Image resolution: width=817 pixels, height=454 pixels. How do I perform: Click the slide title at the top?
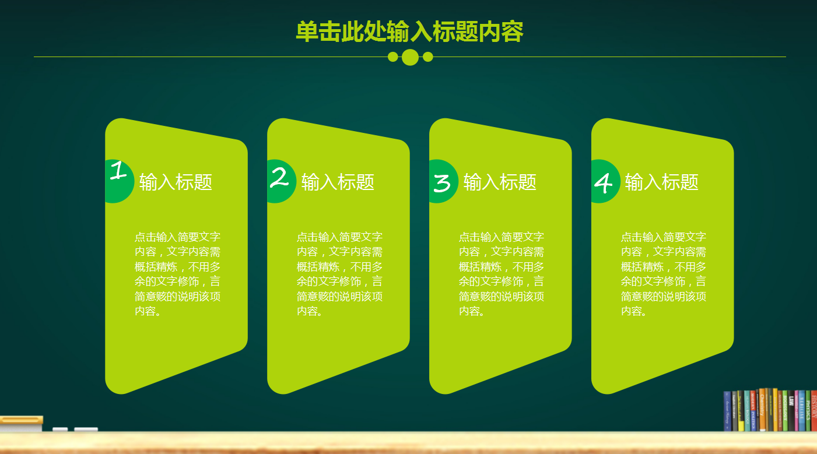(409, 31)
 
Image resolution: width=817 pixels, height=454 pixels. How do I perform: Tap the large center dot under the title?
(411, 57)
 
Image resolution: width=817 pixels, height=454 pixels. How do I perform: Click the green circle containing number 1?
(118, 181)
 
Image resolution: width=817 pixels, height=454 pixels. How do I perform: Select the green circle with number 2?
(280, 181)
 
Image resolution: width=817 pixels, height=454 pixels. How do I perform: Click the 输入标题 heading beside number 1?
(176, 182)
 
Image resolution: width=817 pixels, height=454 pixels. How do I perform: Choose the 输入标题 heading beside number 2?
(338, 182)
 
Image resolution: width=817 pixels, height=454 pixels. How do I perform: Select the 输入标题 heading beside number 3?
(500, 182)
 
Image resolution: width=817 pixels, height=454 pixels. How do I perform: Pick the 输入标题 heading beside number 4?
(662, 182)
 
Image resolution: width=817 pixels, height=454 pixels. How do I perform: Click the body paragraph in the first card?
(177, 274)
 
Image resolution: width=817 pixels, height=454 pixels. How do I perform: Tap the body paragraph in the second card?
(339, 274)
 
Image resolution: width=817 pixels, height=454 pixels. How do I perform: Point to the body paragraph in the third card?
(502, 274)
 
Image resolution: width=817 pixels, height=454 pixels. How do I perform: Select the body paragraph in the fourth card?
(664, 274)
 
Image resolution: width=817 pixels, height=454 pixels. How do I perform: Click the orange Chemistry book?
(762, 410)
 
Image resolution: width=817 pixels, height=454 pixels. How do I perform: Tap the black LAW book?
(791, 410)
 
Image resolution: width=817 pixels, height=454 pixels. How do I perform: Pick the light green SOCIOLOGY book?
(785, 411)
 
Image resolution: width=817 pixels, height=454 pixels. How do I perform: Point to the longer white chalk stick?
(86, 430)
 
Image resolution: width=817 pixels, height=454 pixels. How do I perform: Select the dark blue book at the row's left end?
(727, 411)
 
